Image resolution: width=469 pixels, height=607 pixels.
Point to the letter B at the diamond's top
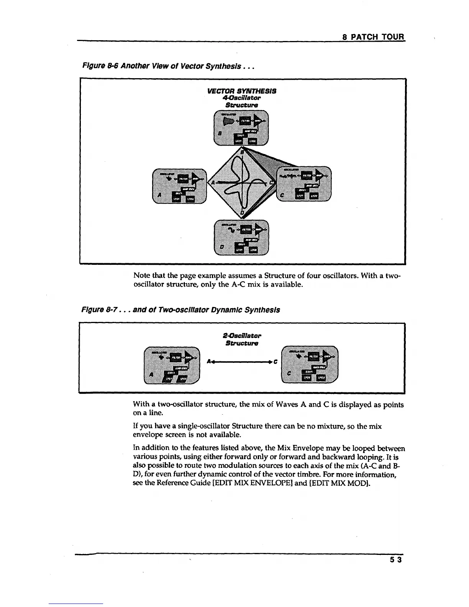[242, 152]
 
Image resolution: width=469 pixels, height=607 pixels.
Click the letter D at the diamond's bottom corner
[242, 212]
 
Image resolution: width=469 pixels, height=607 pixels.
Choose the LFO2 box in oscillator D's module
[253, 250]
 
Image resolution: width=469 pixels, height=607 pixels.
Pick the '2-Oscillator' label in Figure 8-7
[242, 336]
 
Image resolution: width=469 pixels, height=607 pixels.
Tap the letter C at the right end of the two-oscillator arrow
[276, 361]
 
